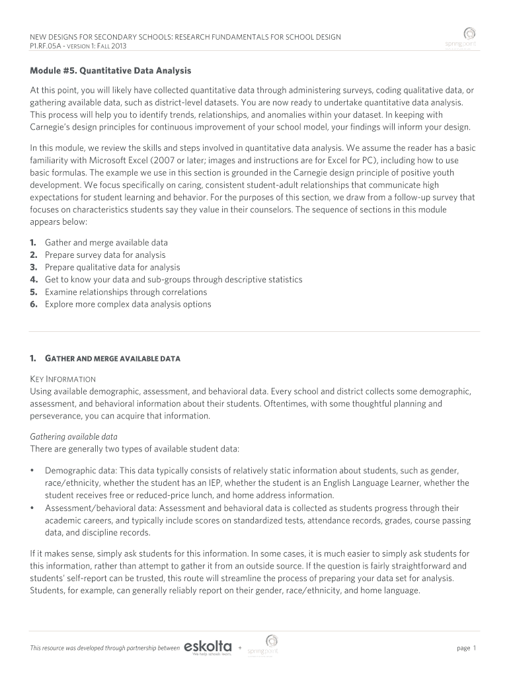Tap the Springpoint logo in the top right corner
[469, 37]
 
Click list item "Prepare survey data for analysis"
[105, 255]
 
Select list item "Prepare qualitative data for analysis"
[112, 267]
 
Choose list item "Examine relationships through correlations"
[126, 292]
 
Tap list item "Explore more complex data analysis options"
[128, 304]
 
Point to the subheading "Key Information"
[63, 379]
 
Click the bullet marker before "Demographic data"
[32, 470]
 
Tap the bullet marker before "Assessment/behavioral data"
[32, 508]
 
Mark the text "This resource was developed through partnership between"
[104, 649]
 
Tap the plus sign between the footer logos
[240, 647]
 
